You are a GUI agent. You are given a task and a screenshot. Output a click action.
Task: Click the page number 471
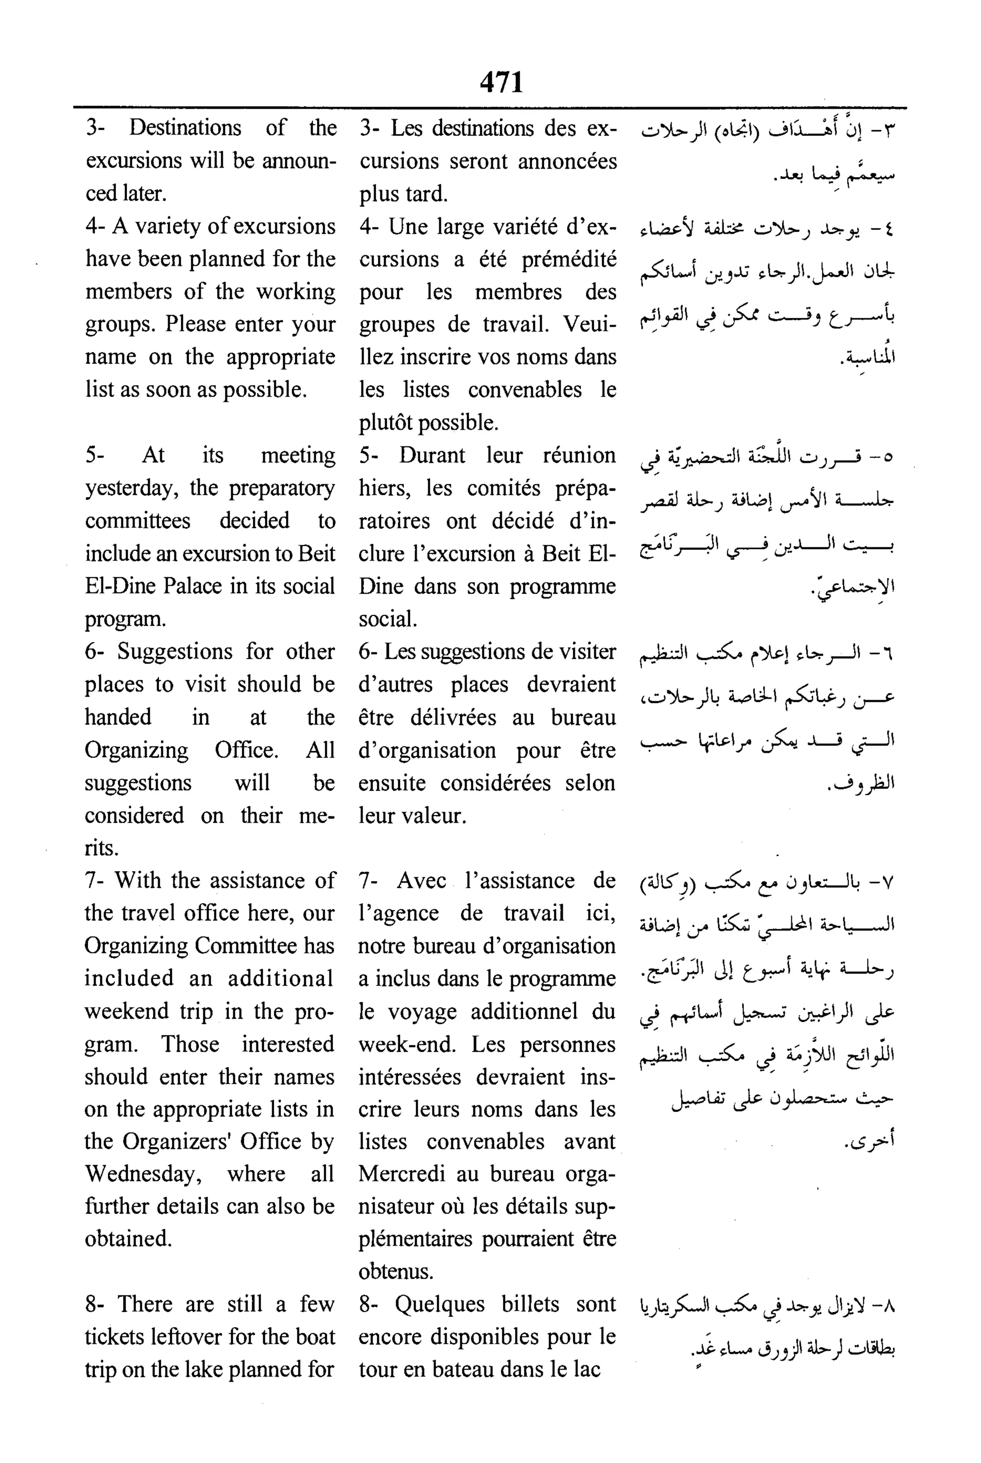coord(501,82)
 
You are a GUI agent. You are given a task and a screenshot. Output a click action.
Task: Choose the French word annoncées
coord(567,161)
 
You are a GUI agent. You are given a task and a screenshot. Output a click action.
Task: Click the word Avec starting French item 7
coord(421,881)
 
